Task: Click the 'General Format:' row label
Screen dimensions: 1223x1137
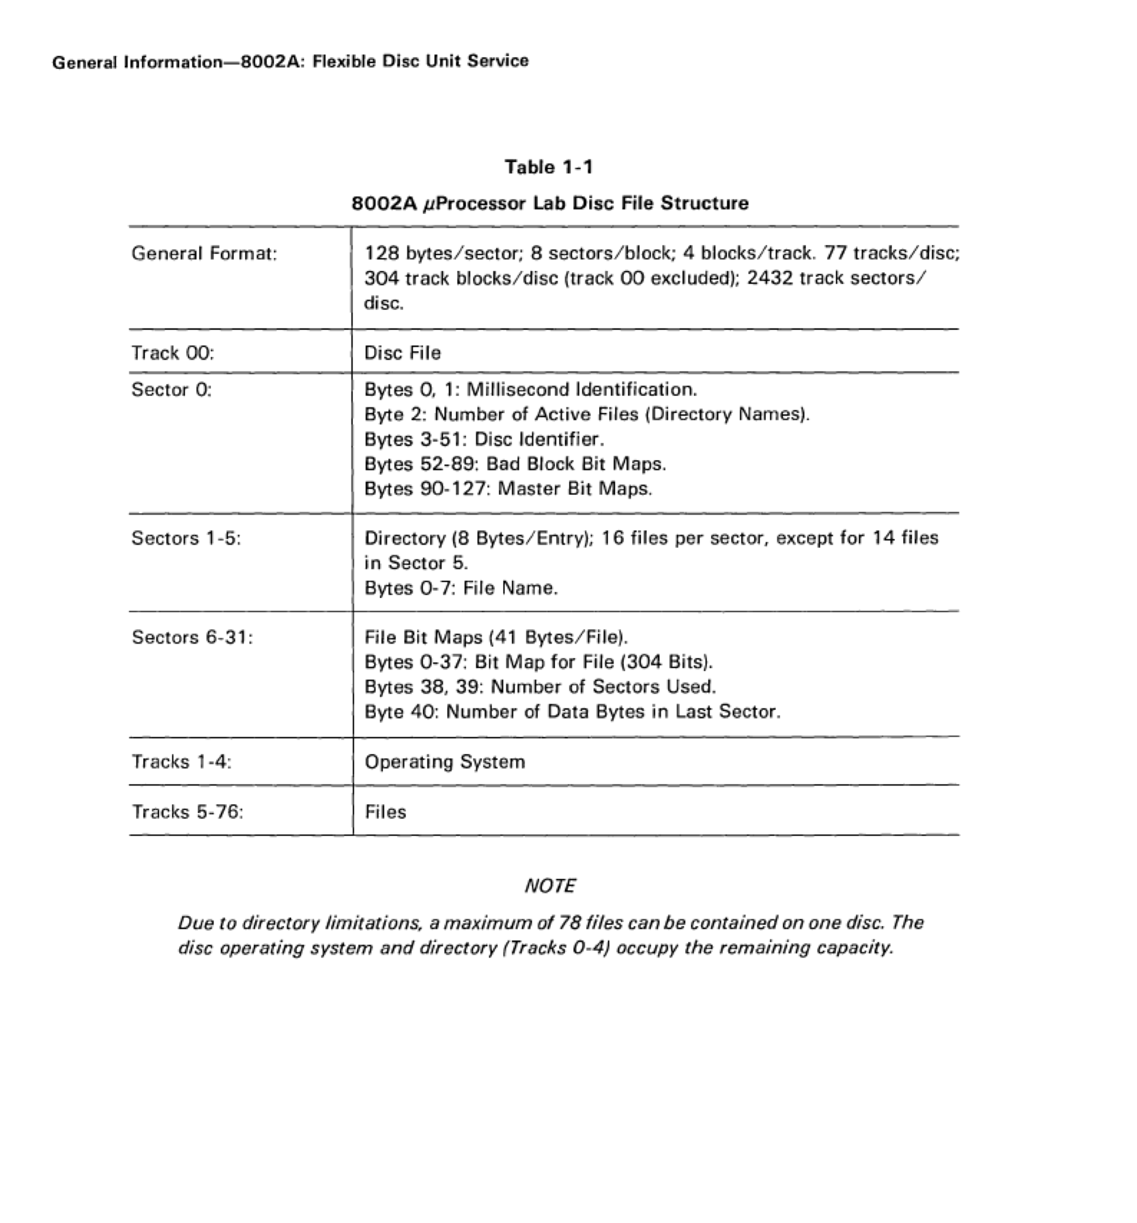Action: pyautogui.click(x=204, y=254)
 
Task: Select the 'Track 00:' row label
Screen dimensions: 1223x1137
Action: pyautogui.click(x=173, y=353)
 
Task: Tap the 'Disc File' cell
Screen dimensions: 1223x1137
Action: pyautogui.click(x=402, y=353)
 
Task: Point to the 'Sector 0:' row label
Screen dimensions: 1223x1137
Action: pyautogui.click(x=172, y=390)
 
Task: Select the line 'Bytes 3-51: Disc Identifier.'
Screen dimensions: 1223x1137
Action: pyautogui.click(x=484, y=439)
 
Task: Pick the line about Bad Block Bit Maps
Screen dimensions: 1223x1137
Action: pyautogui.click(x=515, y=464)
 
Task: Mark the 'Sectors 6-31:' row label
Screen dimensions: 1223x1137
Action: pyautogui.click(x=192, y=637)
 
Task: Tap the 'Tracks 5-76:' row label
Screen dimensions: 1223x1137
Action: pyautogui.click(x=188, y=812)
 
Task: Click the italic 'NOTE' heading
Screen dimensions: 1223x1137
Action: pyautogui.click(x=550, y=886)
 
